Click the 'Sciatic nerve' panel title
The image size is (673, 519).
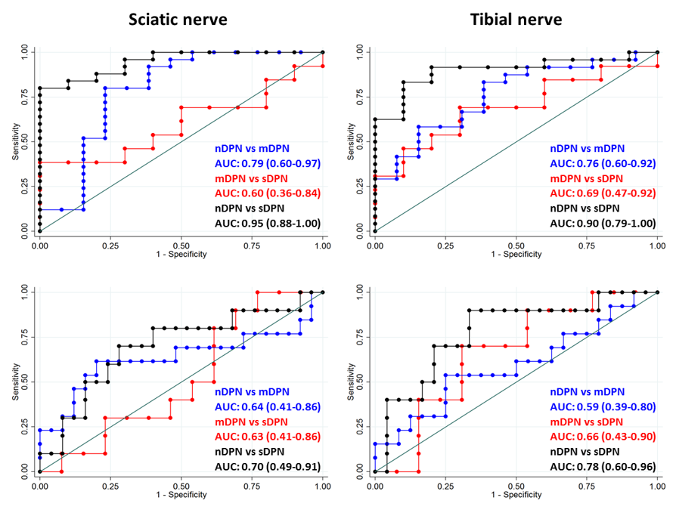click(177, 19)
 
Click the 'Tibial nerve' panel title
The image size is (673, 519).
click(514, 19)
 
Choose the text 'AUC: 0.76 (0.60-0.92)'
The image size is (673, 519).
click(602, 163)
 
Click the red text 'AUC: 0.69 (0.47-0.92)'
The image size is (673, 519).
click(602, 193)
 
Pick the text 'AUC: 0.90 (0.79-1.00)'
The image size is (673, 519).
click(602, 223)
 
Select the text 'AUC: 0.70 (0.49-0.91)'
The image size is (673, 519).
click(266, 466)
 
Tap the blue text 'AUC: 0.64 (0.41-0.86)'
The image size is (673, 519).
click(266, 407)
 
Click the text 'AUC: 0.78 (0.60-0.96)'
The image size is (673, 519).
click(602, 466)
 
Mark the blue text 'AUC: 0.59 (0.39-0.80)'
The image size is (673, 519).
click(602, 407)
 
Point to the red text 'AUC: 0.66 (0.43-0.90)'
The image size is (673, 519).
click(602, 437)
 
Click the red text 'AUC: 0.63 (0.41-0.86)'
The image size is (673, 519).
click(266, 437)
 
